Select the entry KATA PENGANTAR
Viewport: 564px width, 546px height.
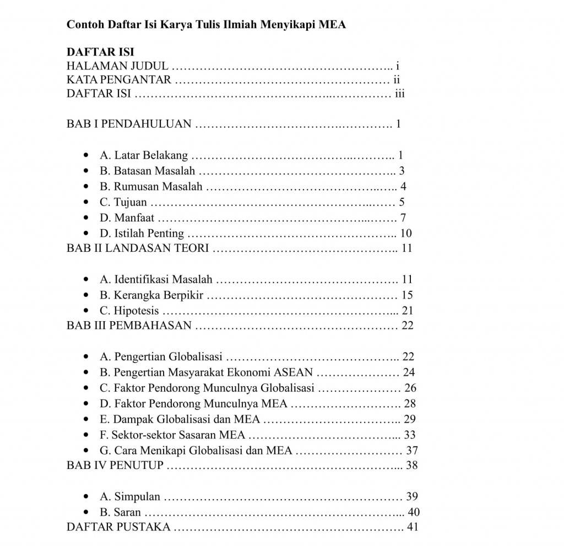119,79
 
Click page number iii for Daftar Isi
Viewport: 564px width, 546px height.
400,93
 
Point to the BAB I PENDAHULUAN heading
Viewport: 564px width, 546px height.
129,123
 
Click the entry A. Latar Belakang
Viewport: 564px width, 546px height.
144,155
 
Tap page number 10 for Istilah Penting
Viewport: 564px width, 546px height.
406,233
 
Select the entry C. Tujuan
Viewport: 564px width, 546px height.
123,202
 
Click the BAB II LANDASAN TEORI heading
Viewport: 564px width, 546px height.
138,248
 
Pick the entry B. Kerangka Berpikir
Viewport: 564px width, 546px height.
151,295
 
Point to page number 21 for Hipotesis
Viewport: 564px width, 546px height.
408,310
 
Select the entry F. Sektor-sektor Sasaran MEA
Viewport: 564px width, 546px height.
172,434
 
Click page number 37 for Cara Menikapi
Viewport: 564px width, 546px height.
411,450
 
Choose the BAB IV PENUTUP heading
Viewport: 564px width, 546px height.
115,465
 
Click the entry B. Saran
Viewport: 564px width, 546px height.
120,512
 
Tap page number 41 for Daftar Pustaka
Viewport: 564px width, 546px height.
412,527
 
